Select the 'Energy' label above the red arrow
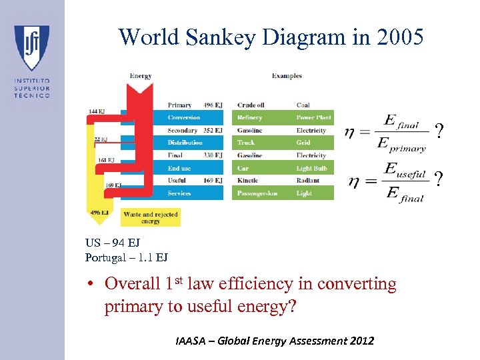coord(141,76)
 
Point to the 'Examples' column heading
coord(287,76)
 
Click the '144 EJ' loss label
coord(97,111)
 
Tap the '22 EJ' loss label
coord(100,139)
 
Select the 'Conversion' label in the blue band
coord(184,118)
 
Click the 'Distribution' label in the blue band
coord(185,143)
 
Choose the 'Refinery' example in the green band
coord(250,118)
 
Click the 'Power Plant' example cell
coord(313,118)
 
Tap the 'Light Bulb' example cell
coord(311,168)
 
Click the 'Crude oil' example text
coord(251,105)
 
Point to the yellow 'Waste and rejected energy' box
coord(151,217)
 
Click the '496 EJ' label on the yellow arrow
coord(98,213)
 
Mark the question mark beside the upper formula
coord(438,132)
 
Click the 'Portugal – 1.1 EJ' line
coord(127,257)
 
